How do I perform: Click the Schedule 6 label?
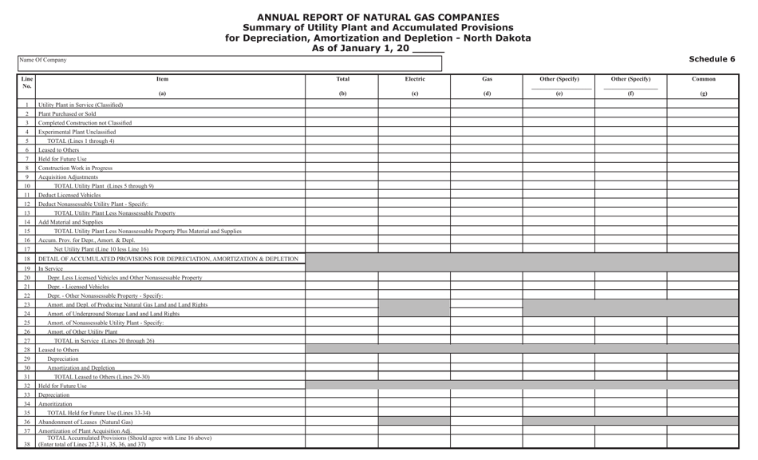tap(712, 59)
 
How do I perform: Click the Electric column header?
tap(414, 79)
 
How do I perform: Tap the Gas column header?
tap(487, 79)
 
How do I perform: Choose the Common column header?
tap(703, 79)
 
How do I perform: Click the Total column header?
tap(342, 79)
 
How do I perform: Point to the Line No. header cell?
tap(27, 83)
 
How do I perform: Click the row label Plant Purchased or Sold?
tap(67, 114)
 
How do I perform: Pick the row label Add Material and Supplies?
tap(71, 222)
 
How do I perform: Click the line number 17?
tap(27, 249)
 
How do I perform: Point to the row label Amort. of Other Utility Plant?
tap(82, 331)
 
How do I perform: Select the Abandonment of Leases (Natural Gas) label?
tap(86, 422)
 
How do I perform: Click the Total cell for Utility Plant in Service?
tap(341, 105)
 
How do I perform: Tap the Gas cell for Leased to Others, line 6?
tap(487, 150)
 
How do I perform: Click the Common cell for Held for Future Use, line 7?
tap(703, 159)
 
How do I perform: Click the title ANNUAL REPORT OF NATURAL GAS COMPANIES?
tap(378, 17)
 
